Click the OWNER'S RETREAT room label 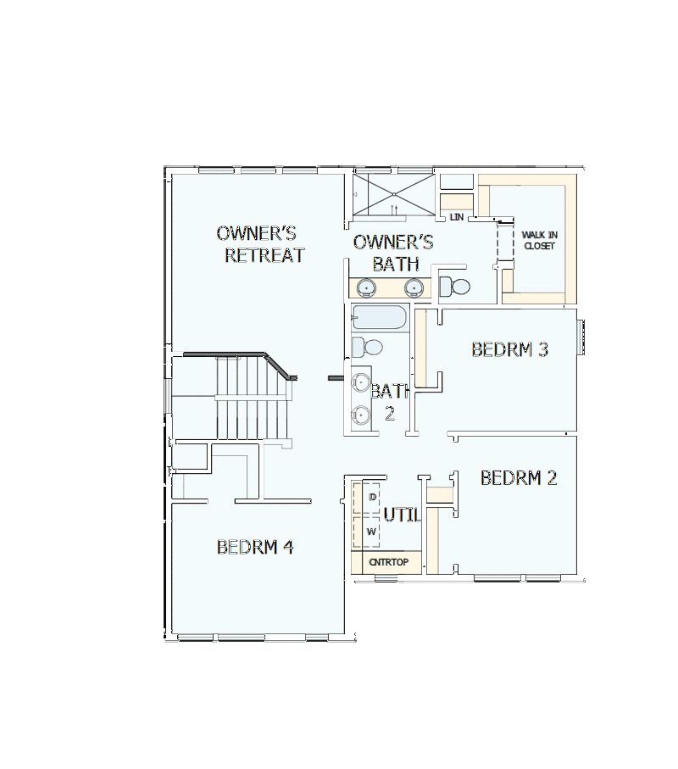[x=260, y=244]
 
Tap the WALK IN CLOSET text [x=539, y=240]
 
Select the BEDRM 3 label [x=509, y=348]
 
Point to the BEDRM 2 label [x=519, y=478]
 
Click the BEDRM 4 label [x=255, y=547]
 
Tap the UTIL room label [x=401, y=515]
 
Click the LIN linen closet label [x=457, y=218]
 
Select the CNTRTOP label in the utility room [x=387, y=562]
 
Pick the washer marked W [x=371, y=532]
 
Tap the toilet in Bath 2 [x=367, y=347]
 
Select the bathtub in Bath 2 [x=379, y=318]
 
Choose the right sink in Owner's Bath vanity [x=414, y=287]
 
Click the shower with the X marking [x=393, y=194]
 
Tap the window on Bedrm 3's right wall [x=581, y=337]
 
